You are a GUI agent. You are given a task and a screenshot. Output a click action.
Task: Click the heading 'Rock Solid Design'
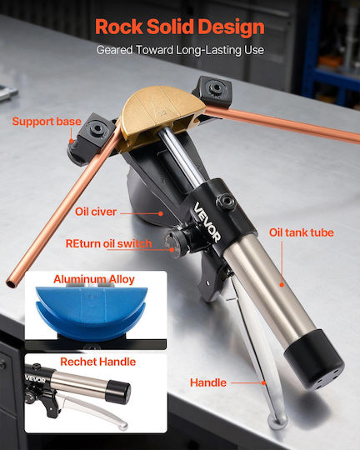(x=180, y=27)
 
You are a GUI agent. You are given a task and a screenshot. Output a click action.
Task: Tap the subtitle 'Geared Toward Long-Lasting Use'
(x=180, y=50)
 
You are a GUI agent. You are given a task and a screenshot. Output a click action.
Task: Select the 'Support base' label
(x=47, y=122)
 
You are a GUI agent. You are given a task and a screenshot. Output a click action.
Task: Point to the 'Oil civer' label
(x=96, y=212)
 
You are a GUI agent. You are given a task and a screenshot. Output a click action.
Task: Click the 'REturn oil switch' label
(x=109, y=243)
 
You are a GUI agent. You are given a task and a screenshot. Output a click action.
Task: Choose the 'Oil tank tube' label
(x=301, y=232)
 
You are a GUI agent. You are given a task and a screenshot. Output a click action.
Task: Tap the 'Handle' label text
(x=208, y=382)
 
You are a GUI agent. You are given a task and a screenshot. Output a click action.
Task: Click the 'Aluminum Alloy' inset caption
(x=94, y=279)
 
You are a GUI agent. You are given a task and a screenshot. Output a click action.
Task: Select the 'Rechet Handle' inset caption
(x=97, y=362)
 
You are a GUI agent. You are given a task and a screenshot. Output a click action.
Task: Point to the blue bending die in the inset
(x=92, y=312)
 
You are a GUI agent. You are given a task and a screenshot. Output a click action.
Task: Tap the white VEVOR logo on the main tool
(x=207, y=222)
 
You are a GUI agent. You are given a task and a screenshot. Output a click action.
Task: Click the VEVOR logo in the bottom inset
(x=35, y=379)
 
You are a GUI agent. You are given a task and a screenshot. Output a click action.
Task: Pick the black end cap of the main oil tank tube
(x=314, y=358)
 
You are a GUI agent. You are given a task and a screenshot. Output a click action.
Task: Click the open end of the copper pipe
(x=12, y=284)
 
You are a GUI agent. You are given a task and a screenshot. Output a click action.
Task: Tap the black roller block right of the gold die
(x=212, y=92)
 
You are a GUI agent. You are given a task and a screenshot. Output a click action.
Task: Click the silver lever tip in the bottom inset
(x=123, y=425)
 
